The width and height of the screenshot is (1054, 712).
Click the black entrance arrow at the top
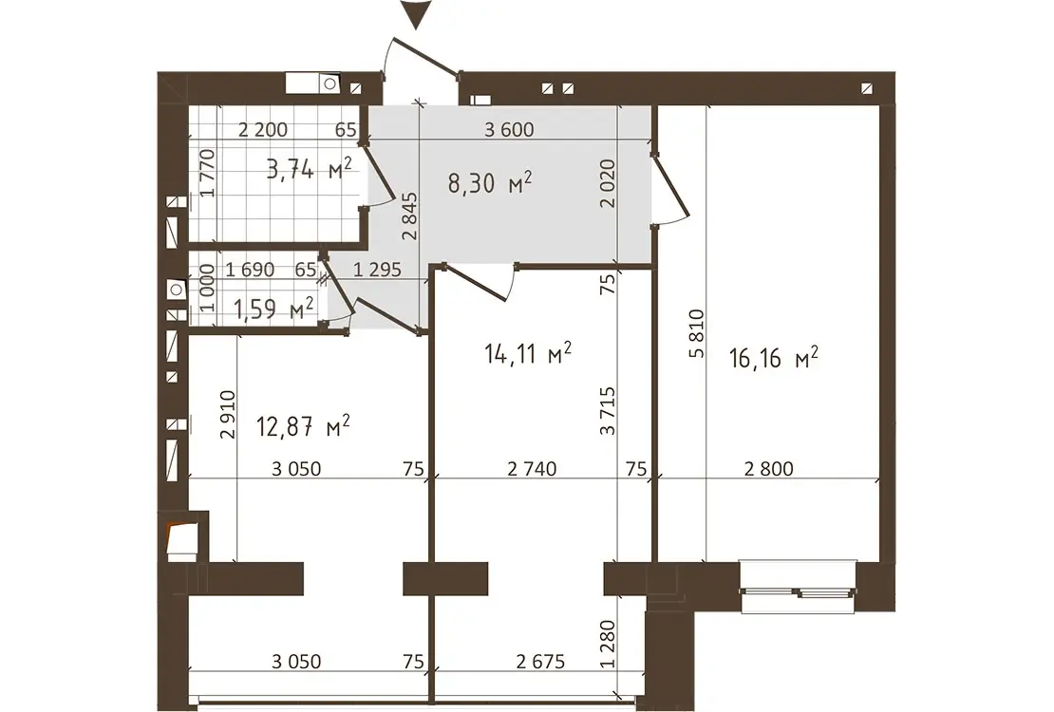coord(417,14)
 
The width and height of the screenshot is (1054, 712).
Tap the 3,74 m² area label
coord(310,169)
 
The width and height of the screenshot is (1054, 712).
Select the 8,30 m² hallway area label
coord(491,183)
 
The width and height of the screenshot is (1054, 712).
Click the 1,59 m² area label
coord(273,309)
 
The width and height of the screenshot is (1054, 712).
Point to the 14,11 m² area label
coord(528,353)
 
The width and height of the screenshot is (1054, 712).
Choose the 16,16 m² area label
coord(774,358)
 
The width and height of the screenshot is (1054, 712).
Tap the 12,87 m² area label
coord(303,425)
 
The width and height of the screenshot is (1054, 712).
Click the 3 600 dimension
coord(510,129)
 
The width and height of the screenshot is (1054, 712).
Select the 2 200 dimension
coord(263,129)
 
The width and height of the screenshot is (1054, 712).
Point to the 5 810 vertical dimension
coord(696,333)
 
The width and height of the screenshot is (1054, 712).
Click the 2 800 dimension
coord(769,469)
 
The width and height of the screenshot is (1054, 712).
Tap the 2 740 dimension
coord(532,469)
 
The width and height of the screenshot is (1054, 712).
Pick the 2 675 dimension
coord(540,662)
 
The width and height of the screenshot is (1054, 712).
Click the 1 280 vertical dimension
coord(608,644)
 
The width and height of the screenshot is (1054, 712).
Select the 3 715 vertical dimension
coord(608,411)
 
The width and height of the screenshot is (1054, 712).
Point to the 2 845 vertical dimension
coord(410,216)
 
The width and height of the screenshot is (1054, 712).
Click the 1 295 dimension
coord(377,271)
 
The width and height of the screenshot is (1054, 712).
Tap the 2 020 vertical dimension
coord(608,183)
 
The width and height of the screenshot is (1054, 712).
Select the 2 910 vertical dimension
coord(229,415)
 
